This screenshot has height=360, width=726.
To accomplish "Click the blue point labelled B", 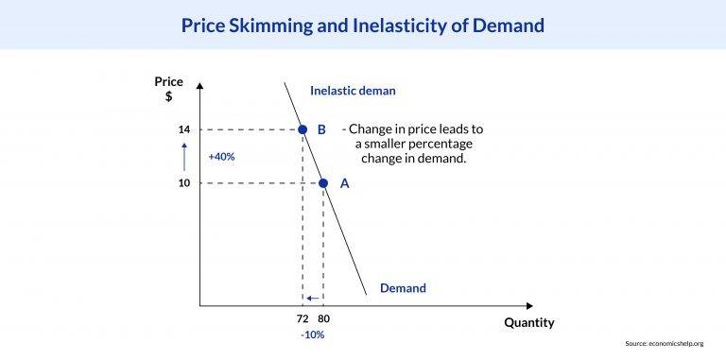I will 302,129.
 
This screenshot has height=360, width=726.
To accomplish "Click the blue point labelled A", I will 323,183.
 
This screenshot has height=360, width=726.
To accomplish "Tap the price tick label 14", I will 184,129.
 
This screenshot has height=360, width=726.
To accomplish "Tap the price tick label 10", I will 184,183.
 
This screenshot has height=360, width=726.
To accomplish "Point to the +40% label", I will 221,156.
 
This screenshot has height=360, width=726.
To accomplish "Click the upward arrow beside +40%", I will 187,156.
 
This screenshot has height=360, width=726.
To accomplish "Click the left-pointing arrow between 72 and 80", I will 313,299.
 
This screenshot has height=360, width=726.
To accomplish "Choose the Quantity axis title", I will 528,322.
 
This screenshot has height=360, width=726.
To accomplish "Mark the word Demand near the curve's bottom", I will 403,287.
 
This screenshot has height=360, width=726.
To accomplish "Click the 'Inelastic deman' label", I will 353,91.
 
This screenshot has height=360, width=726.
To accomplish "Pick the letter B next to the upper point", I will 321,129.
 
